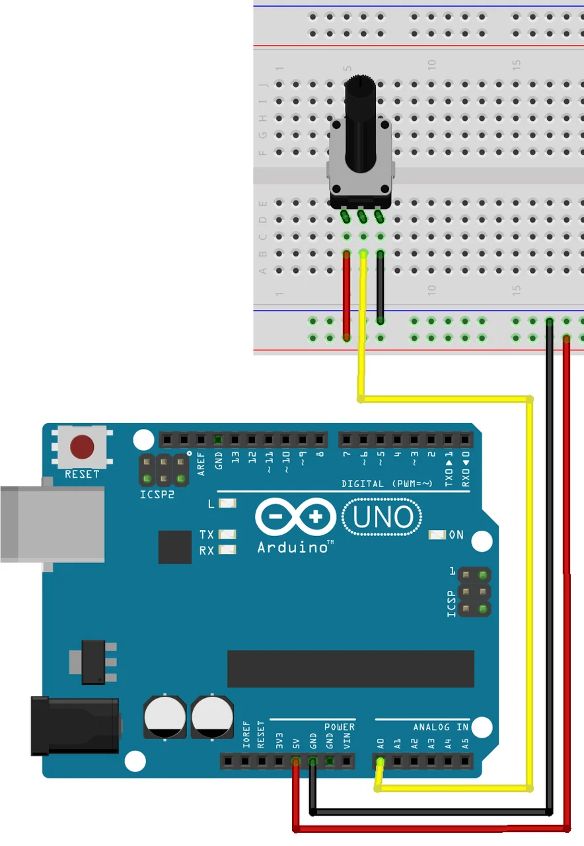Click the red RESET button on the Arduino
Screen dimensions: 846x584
pos(82,447)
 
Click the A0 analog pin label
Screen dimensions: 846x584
pos(380,743)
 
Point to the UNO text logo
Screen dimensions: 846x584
pos(384,518)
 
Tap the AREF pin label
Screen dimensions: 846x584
pos(201,463)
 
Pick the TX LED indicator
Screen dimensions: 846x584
pos(227,534)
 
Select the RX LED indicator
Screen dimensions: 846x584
pos(227,550)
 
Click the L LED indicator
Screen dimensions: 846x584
pos(227,504)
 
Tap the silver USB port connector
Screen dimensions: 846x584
pos(52,524)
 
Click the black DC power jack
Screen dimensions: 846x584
pos(74,726)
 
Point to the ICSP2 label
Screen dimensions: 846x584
pos(157,494)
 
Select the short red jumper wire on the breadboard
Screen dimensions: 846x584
pos(346,295)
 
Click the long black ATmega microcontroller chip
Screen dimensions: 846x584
pos(350,668)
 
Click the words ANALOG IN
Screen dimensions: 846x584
pos(441,727)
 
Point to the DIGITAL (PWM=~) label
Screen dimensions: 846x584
pos(386,484)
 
